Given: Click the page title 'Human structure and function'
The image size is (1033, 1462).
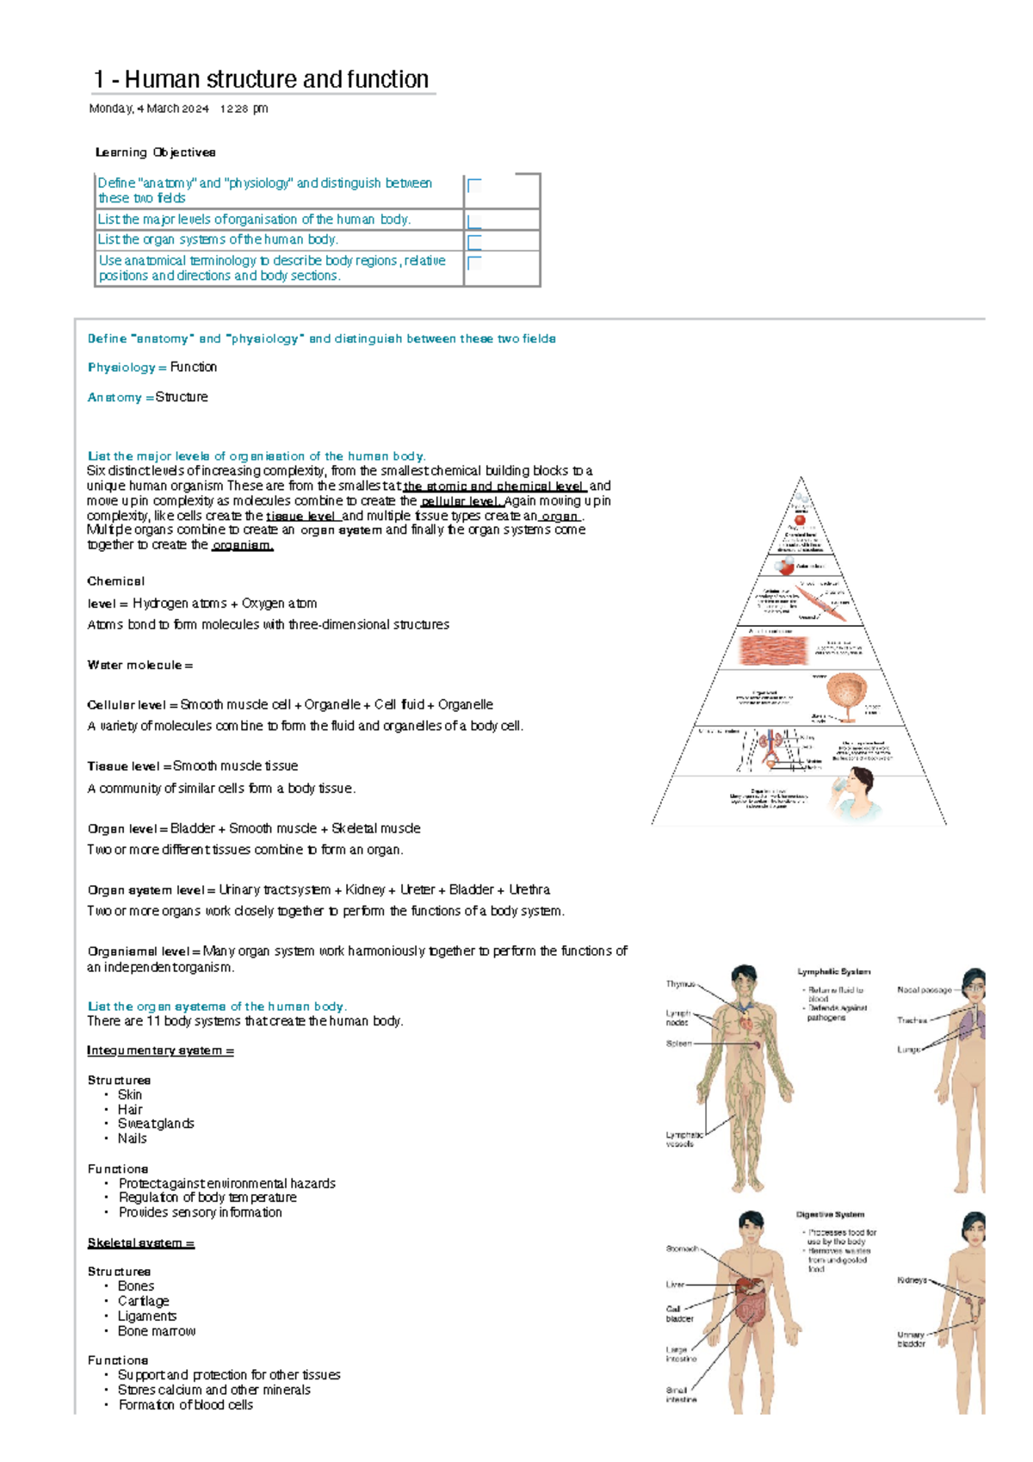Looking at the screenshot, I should click(x=275, y=79).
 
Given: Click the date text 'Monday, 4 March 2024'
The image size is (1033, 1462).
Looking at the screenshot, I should click(x=149, y=108).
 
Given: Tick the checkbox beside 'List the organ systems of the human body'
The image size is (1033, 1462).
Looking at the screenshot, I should click(x=473, y=241).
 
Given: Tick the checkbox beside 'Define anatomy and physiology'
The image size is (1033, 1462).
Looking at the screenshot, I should click(x=473, y=185).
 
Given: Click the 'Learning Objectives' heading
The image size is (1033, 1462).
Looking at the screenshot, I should click(x=155, y=152).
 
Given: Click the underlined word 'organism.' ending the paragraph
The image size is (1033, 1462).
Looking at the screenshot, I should click(x=242, y=545).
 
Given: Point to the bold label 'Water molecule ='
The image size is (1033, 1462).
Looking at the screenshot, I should click(x=139, y=666).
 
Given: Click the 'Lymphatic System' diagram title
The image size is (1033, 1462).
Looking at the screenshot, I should click(x=832, y=971).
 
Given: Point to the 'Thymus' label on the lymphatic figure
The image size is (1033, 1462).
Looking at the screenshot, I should click(x=679, y=984).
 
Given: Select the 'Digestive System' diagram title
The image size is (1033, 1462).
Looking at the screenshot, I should click(x=829, y=1215).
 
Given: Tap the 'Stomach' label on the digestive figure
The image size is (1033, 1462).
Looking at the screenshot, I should click(x=681, y=1248).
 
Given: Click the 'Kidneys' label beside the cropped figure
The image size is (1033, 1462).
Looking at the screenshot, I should click(x=912, y=1280).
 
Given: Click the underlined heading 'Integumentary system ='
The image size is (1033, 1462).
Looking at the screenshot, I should click(x=160, y=1050).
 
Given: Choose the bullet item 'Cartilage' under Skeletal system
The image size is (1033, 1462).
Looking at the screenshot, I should click(x=143, y=1301).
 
